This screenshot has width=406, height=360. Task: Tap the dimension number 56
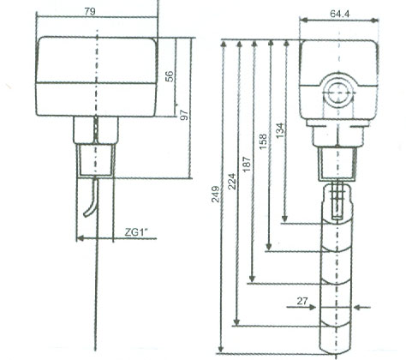(x=170, y=75)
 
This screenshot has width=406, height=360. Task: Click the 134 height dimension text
(x=279, y=129)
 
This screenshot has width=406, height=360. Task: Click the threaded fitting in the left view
(x=99, y=159)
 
